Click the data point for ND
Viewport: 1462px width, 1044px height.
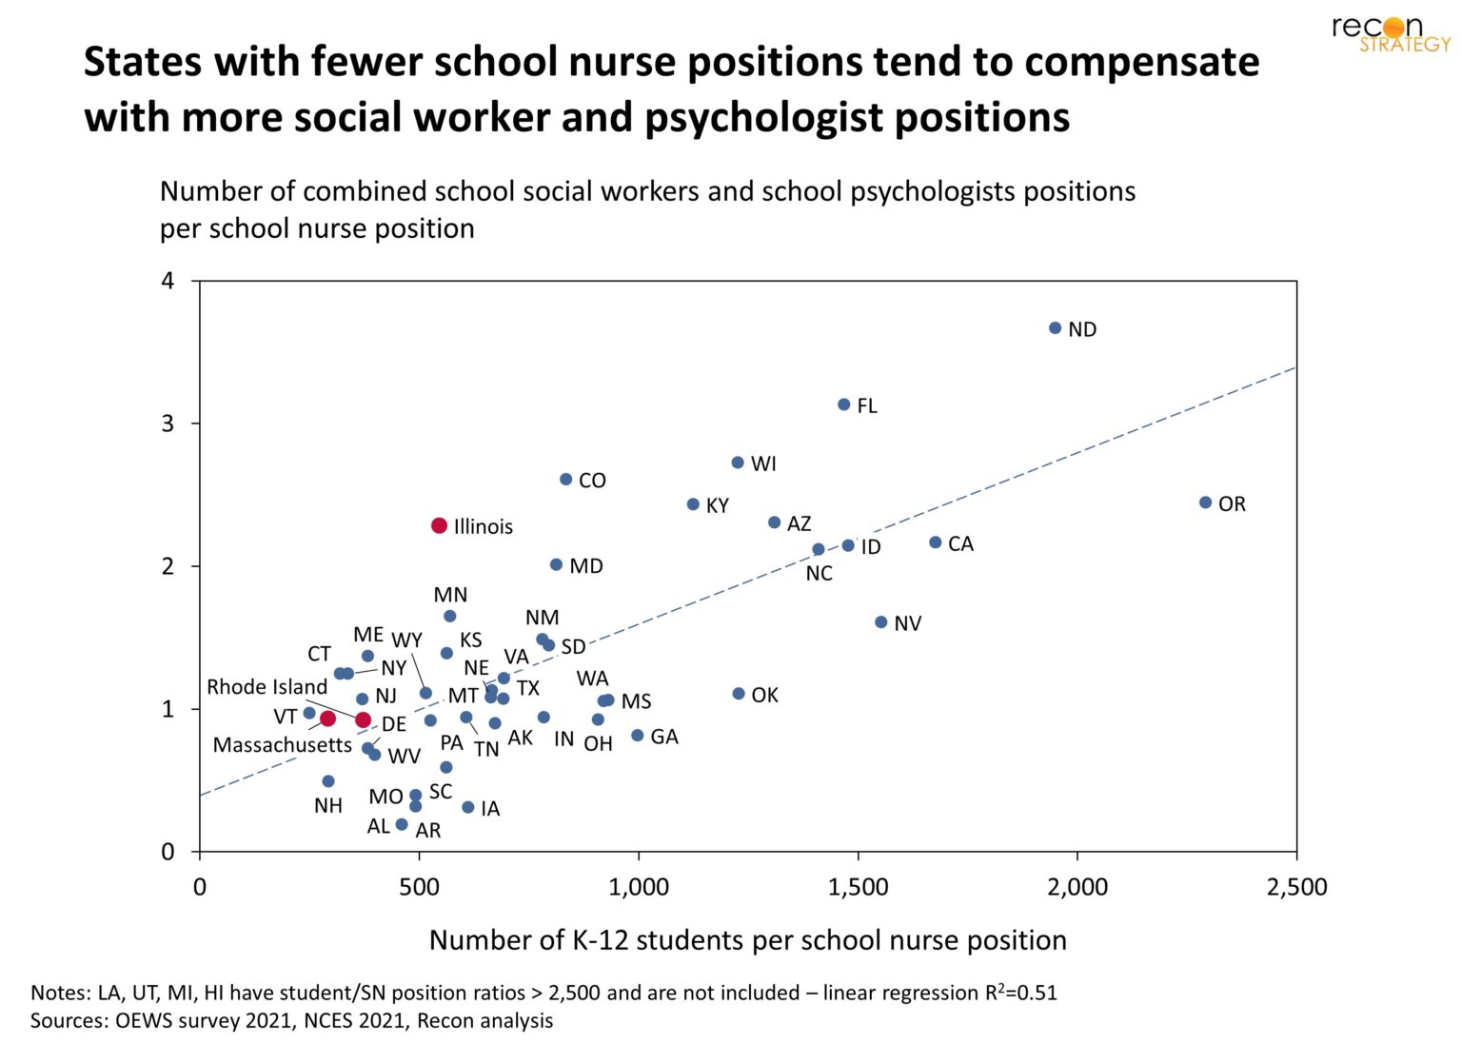coord(1055,328)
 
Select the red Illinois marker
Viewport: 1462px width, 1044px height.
coord(439,526)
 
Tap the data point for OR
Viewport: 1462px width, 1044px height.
coord(1205,502)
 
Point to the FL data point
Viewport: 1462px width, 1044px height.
coord(843,404)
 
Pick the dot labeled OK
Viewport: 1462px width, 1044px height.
coord(739,694)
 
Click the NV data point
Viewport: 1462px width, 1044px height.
coord(880,622)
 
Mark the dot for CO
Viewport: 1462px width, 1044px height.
coord(565,480)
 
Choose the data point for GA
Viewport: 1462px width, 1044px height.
coord(638,736)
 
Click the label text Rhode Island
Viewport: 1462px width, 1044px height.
coord(267,687)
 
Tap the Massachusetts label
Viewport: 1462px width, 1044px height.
coord(282,745)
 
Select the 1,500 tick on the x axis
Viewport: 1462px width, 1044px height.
coord(858,887)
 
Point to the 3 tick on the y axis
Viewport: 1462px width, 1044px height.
coord(168,424)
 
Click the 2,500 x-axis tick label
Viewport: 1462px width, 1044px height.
coord(1295,887)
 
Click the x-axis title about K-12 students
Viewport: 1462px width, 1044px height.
coord(747,940)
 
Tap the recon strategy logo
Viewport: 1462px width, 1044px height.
coord(1391,33)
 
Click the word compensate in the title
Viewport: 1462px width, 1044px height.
coord(1141,63)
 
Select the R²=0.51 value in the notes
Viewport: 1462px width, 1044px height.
coord(1020,993)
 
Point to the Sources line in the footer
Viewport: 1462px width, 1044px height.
coord(291,1021)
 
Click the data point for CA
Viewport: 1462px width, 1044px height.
coord(935,542)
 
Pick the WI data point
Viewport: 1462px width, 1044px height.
coord(738,463)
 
